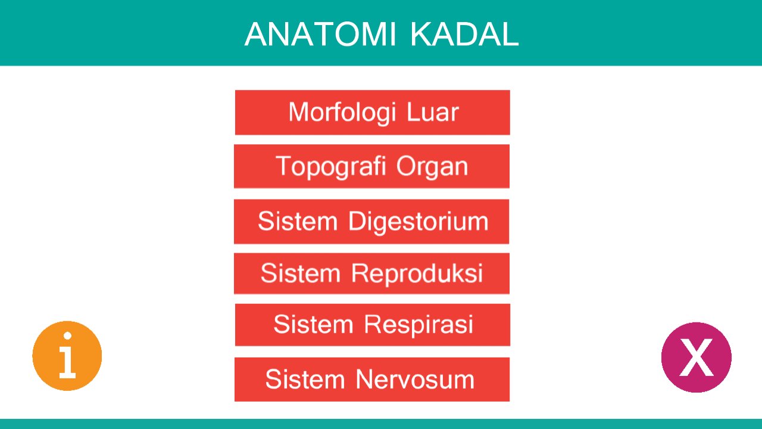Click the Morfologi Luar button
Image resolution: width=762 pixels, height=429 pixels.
click(372, 113)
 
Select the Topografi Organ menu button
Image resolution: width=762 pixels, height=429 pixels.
click(371, 166)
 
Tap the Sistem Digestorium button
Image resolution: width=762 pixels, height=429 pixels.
click(371, 222)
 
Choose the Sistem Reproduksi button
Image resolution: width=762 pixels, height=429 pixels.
click(371, 273)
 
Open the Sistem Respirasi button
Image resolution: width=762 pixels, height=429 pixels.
click(372, 325)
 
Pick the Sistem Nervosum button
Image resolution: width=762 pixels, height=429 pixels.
click(371, 380)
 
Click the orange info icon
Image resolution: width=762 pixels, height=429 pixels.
click(67, 356)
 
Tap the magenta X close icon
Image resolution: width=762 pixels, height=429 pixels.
click(696, 357)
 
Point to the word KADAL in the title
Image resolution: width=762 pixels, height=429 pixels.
click(464, 35)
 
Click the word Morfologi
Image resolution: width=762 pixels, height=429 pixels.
click(339, 113)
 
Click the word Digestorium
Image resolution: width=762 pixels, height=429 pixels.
click(418, 222)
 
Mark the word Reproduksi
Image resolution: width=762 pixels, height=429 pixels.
click(417, 273)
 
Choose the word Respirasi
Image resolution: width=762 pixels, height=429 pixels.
click(419, 325)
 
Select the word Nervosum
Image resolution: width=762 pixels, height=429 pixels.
click(415, 380)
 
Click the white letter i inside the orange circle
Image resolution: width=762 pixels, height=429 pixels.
click(67, 355)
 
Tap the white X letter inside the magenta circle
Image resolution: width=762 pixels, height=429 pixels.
click(696, 357)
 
